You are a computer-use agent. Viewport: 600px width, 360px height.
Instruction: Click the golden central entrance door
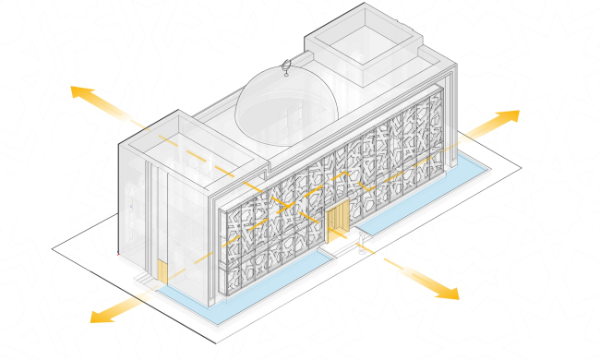[x=338, y=224]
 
